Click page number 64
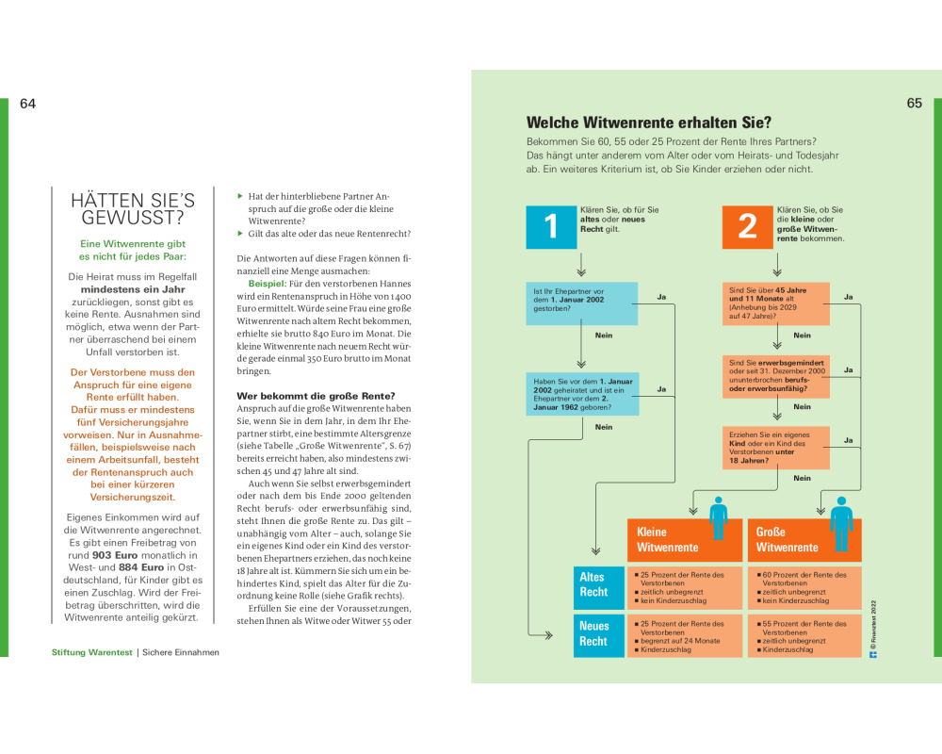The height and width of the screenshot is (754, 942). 27,104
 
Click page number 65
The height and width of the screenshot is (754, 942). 915,104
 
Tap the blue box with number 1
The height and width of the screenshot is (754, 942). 551,226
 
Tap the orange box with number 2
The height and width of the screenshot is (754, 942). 747,226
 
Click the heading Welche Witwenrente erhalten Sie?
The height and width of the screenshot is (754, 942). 648,123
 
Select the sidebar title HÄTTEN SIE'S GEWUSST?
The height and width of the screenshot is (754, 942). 133,208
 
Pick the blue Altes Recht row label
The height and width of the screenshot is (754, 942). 593,584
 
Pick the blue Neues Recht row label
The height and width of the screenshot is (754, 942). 593,633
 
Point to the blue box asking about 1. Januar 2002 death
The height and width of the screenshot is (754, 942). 580,302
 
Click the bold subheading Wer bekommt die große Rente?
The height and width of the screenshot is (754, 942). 316,395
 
